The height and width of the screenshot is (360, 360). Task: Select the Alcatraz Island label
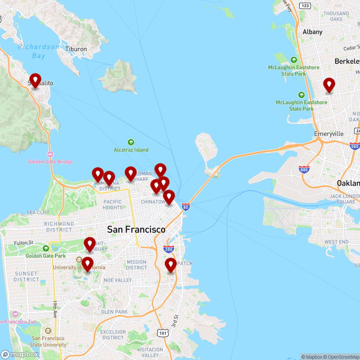(x=131, y=150)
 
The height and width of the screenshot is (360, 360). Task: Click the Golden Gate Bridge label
(x=50, y=162)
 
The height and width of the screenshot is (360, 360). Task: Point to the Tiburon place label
(x=76, y=49)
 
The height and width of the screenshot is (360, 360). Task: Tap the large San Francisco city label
(x=136, y=229)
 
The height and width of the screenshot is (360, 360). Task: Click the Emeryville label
(x=328, y=134)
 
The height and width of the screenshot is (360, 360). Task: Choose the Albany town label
(x=312, y=32)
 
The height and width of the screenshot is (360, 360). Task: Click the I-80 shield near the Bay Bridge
(x=186, y=207)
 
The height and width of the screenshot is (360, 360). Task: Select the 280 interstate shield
(x=169, y=249)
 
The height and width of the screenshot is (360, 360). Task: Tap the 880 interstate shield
(x=304, y=170)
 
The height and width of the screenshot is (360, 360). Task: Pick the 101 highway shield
(x=162, y=332)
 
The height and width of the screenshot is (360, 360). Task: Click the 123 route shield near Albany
(x=305, y=5)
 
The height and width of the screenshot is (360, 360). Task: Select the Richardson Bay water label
(x=39, y=51)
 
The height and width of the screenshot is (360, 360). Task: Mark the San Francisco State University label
(x=48, y=342)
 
